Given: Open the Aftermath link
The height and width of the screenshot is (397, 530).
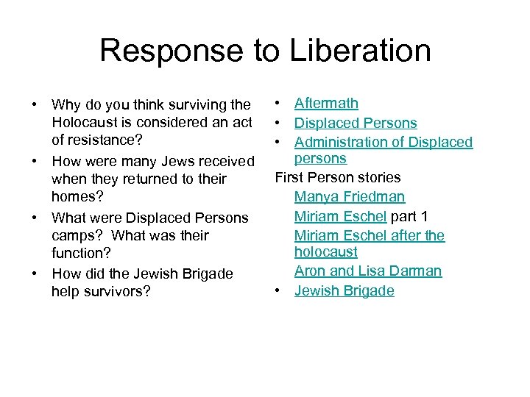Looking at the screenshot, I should (x=326, y=104).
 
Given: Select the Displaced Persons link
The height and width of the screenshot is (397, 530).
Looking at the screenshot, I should (x=356, y=123).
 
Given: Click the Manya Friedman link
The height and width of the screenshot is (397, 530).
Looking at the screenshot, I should (x=350, y=196).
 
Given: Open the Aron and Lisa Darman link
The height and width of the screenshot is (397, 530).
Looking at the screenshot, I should (x=368, y=271).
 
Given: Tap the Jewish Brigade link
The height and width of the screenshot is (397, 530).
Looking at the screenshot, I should (x=344, y=290).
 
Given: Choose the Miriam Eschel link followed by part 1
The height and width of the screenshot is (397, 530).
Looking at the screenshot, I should (x=340, y=216).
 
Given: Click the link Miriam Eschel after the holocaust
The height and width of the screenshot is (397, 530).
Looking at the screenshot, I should (x=370, y=235).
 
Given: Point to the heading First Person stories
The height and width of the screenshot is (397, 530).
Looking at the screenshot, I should (x=338, y=177).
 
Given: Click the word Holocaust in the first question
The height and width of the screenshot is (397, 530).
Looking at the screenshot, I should (x=90, y=123).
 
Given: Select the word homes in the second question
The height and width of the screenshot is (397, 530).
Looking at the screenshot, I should (x=75, y=196).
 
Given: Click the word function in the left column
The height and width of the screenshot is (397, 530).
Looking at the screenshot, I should (x=78, y=253).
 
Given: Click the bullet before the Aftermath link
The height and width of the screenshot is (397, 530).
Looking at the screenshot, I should (x=278, y=104).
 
